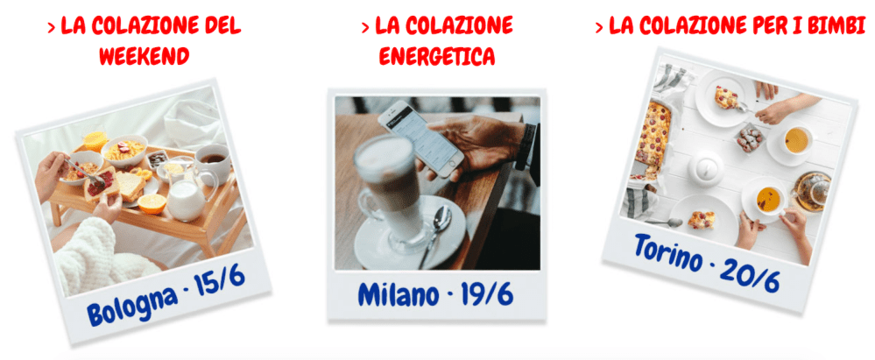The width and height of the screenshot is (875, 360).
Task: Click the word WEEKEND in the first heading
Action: pyautogui.click(x=144, y=57)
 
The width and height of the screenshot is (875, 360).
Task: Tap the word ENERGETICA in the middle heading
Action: pyautogui.click(x=437, y=57)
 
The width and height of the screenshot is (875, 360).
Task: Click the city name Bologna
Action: pyautogui.click(x=130, y=307)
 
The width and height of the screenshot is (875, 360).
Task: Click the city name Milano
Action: pyautogui.click(x=398, y=294)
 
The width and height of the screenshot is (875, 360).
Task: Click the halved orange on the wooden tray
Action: pyautogui.click(x=152, y=202)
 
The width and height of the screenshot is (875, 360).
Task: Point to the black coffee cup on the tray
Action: pyautogui.click(x=211, y=160)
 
